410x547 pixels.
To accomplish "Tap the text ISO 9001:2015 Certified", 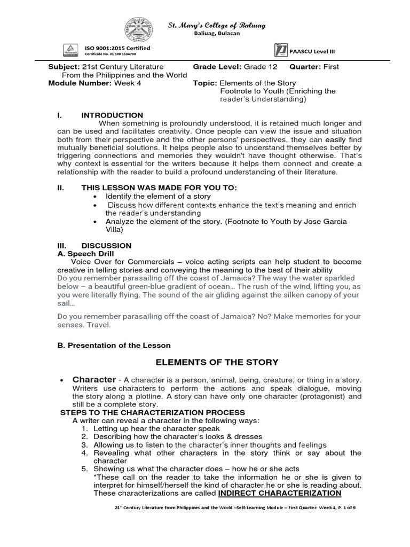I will pyautogui.click(x=117, y=49).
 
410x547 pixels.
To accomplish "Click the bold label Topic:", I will pyautogui.click(x=205, y=83).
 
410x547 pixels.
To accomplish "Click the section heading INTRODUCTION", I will pyautogui.click(x=112, y=115).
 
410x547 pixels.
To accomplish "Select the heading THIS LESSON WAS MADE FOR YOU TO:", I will pyautogui.click(x=159, y=187).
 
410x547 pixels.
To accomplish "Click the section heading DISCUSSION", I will pyautogui.click(x=106, y=245).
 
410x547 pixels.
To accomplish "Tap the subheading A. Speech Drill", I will pyautogui.click(x=85, y=253).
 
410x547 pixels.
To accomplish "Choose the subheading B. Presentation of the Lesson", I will pyautogui.click(x=114, y=345).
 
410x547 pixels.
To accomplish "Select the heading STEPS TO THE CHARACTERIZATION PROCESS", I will pyautogui.click(x=152, y=413).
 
